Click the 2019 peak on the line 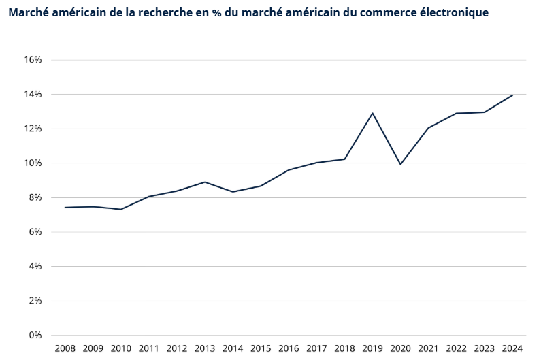click(372, 113)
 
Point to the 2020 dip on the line click(400, 164)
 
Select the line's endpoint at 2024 click(512, 95)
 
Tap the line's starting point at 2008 click(65, 208)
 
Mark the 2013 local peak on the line click(205, 182)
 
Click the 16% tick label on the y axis click(33, 60)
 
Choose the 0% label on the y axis click(35, 335)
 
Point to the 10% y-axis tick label click(33, 163)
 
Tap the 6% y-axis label click(35, 232)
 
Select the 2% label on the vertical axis click(35, 301)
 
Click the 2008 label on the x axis click(65, 348)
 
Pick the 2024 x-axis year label click(512, 348)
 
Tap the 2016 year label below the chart click(289, 348)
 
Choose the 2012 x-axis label click(177, 348)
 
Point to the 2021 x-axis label click(428, 348)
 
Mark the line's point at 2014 click(233, 192)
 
